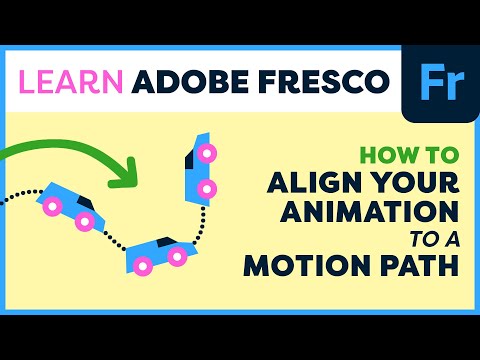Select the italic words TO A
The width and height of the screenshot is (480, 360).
(434, 241)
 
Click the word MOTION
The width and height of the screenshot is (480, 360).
(302, 268)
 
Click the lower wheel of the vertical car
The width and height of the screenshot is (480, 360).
(206, 187)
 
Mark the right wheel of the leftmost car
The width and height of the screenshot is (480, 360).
(85, 220)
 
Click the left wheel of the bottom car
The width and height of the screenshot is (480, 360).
(144, 265)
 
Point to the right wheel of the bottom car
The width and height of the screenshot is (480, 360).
(178, 257)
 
